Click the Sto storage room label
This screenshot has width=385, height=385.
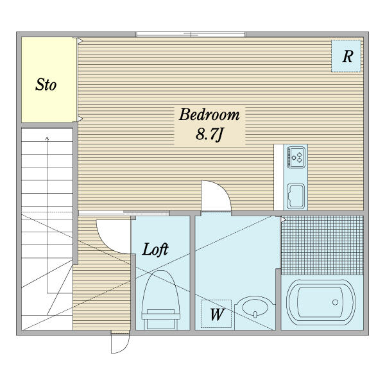click(46, 85)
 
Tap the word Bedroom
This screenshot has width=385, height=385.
click(209, 114)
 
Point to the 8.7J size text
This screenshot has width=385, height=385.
click(209, 135)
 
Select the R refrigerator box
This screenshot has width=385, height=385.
click(346, 56)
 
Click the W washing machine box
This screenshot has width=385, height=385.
click(216, 314)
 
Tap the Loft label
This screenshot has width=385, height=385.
click(155, 250)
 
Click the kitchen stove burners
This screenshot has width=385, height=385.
click(296, 157)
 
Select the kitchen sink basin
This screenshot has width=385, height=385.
click(296, 196)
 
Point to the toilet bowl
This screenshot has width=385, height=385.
click(161, 292)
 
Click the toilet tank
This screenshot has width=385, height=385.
click(161, 320)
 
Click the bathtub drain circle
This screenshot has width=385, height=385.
click(335, 302)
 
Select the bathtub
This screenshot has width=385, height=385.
click(321, 302)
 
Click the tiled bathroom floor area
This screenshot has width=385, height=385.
click(322, 245)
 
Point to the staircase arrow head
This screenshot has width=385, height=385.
click(47, 138)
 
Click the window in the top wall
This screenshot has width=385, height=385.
click(191, 35)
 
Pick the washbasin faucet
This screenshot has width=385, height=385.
click(255, 314)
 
